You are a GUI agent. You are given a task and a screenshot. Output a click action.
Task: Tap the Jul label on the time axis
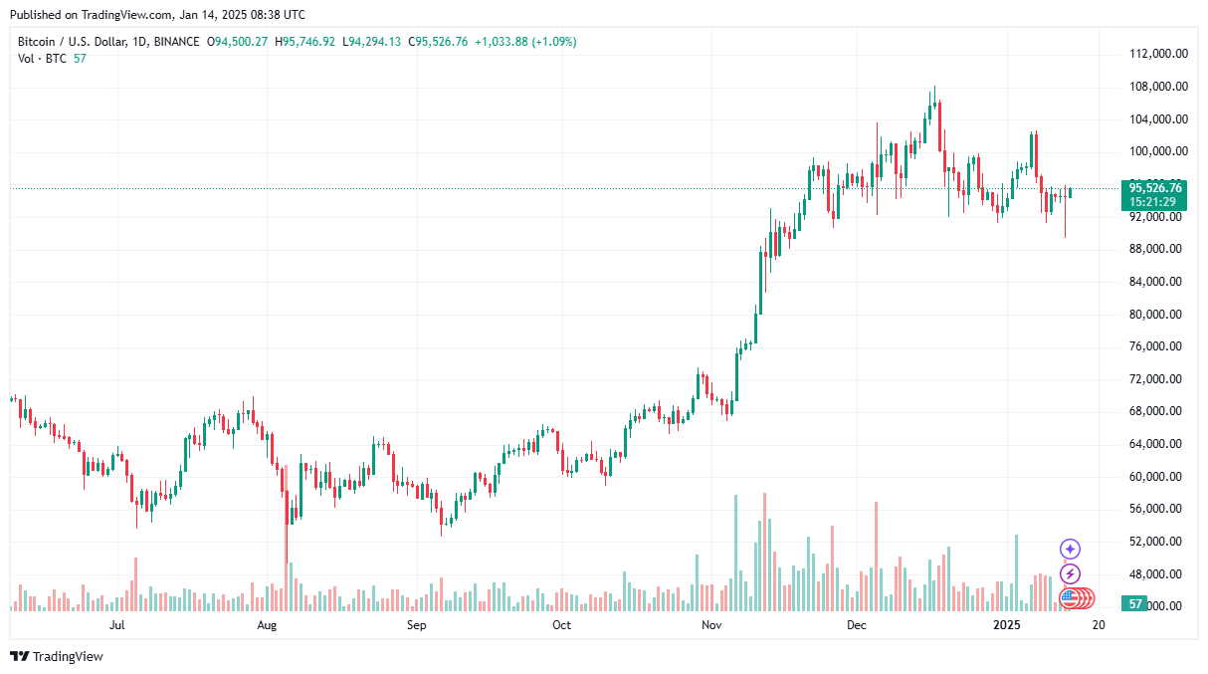click(x=116, y=625)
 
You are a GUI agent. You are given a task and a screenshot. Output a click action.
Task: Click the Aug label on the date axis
click(x=266, y=625)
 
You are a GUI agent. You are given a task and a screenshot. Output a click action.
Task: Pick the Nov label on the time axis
click(x=710, y=625)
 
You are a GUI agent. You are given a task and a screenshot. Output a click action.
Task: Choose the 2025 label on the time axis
click(x=1008, y=625)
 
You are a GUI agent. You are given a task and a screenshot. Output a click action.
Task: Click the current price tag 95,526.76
click(x=1155, y=187)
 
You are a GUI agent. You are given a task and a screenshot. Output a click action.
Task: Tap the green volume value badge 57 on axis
click(x=1133, y=604)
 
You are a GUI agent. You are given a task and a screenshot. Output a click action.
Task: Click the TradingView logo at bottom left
click(x=57, y=656)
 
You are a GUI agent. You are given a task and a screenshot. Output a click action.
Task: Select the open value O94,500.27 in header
click(x=237, y=42)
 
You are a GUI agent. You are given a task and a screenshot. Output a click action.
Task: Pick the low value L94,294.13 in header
click(x=372, y=42)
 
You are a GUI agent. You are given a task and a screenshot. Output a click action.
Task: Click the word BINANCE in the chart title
click(x=177, y=42)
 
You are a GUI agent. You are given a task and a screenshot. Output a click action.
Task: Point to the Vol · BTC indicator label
click(x=42, y=59)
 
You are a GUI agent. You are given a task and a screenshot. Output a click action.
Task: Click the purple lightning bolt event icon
click(x=1070, y=573)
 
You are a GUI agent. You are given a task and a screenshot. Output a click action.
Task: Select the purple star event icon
click(x=1070, y=549)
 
